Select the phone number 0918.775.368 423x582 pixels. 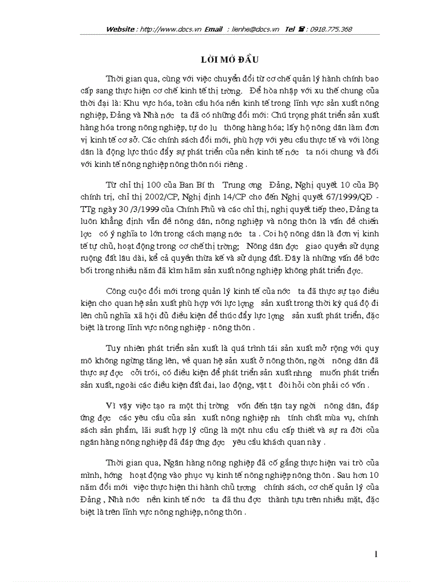tap(331, 29)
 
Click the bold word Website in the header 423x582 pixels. tap(120, 29)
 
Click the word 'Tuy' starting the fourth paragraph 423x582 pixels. tap(114, 347)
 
